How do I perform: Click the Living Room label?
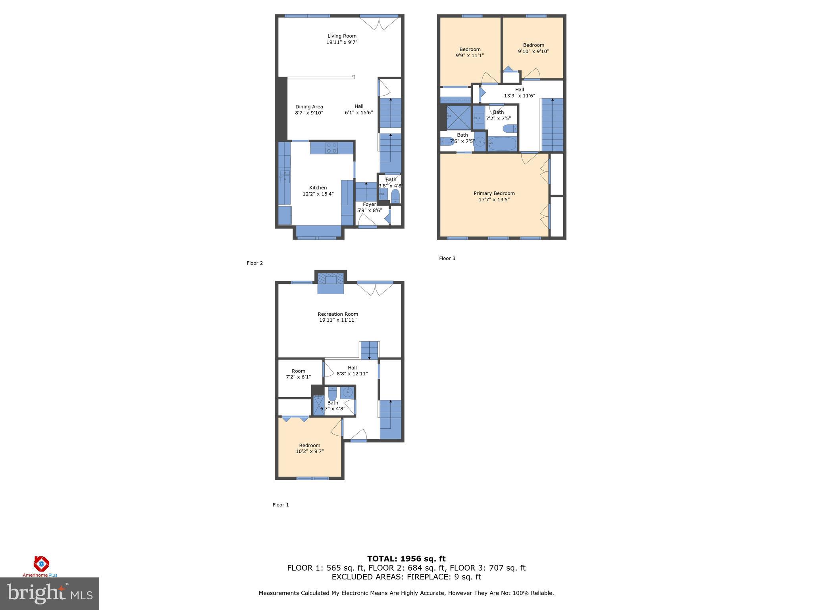[x=342, y=36]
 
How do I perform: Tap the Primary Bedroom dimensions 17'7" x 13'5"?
[x=494, y=200]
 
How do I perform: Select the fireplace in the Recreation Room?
[x=330, y=283]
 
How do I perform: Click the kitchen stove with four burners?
[x=331, y=148]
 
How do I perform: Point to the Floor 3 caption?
[x=447, y=259]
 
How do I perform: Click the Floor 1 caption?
[x=281, y=505]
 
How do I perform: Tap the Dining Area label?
[x=309, y=107]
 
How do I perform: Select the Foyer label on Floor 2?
[x=369, y=205]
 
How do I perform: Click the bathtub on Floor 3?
[x=502, y=143]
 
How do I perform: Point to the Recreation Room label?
[x=338, y=314]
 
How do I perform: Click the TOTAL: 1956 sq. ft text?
[x=406, y=559]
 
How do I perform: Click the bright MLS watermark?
[x=50, y=593]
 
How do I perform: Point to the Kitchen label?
[x=318, y=188]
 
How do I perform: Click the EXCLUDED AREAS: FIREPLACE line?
[x=406, y=577]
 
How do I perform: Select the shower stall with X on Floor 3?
[x=458, y=117]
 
